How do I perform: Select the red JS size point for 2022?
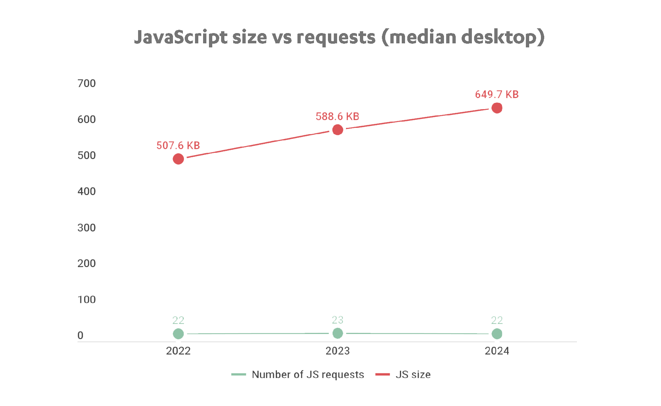[178, 159]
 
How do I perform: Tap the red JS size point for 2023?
[337, 130]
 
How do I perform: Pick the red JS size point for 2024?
[497, 108]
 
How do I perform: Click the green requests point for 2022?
[178, 334]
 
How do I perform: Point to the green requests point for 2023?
[337, 333]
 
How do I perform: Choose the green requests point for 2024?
[497, 334]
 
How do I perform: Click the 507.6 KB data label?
[178, 145]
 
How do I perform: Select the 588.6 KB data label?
[337, 116]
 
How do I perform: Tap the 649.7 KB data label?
[496, 94]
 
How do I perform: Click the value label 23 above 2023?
[337, 320]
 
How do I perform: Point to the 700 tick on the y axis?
[87, 83]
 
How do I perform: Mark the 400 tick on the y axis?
[87, 191]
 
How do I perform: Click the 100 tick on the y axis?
[87, 299]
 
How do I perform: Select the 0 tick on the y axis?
[81, 335]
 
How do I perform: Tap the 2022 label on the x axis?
[178, 351]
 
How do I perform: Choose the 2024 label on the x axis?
[497, 351]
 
